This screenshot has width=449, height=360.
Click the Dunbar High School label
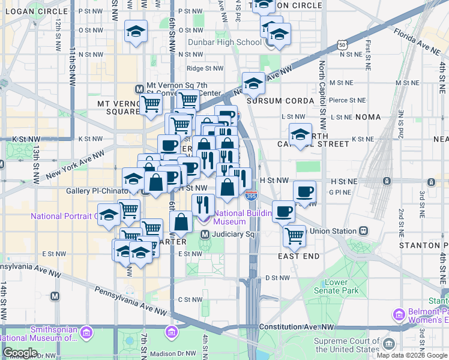pos(224,43)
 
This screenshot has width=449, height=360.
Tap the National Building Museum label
pos(230,217)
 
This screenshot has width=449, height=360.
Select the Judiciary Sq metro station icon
pos(205,234)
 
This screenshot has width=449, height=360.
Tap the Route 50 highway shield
pos(342,45)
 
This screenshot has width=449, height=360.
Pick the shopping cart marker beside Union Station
pos(294,236)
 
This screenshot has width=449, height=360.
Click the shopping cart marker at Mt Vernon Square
pos(151,104)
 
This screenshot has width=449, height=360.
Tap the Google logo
pos(20,353)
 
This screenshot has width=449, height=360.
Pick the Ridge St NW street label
pos(205,68)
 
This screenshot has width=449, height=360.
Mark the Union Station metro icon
pos(363,231)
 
